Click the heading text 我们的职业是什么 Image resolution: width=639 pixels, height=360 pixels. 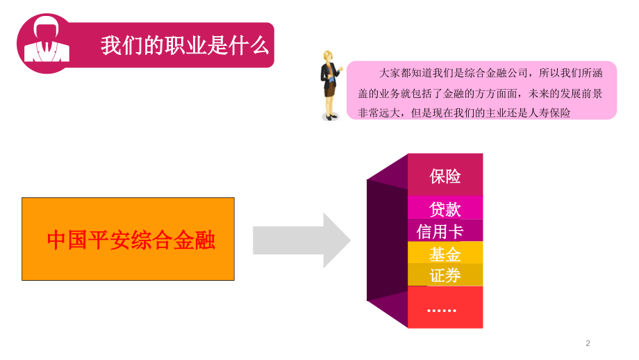pyautogui.click(x=184, y=46)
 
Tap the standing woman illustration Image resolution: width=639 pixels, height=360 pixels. pyautogui.click(x=329, y=86)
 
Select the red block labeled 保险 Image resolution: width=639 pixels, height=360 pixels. pyautogui.click(x=445, y=175)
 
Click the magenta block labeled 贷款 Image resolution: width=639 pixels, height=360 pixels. pyautogui.click(x=445, y=208)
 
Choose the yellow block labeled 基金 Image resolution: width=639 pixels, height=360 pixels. pyautogui.click(x=445, y=253)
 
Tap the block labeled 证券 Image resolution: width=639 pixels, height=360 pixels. pyautogui.click(x=445, y=275)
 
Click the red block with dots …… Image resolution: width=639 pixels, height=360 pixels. pyautogui.click(x=445, y=307)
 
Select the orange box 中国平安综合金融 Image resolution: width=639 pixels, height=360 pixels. pyautogui.click(x=128, y=239)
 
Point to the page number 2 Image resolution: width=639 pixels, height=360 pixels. pyautogui.click(x=588, y=343)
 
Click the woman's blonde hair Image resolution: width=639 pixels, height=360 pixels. pyautogui.click(x=328, y=57)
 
